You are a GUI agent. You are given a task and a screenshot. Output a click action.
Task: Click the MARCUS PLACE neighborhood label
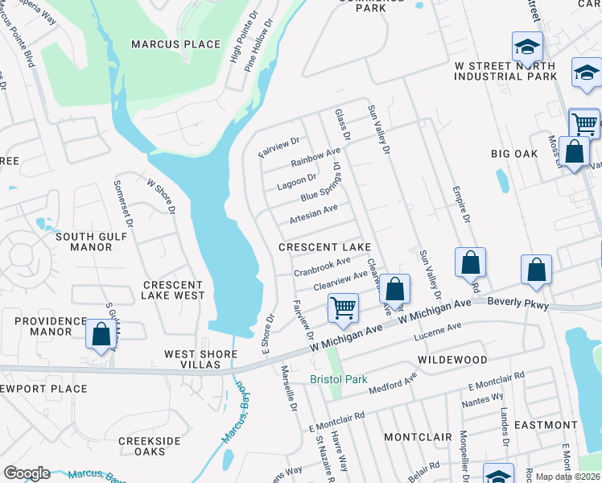coord(175,44)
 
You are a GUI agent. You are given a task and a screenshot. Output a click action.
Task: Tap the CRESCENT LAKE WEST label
coord(173,291)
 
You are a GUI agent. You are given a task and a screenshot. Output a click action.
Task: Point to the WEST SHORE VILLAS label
coord(200,359)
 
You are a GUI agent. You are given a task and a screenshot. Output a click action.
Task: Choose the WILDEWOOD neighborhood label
coord(452,359)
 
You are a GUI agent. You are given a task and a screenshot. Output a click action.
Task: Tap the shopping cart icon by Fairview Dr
coord(344,308)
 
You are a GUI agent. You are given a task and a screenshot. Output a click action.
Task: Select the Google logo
coord(27,473)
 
